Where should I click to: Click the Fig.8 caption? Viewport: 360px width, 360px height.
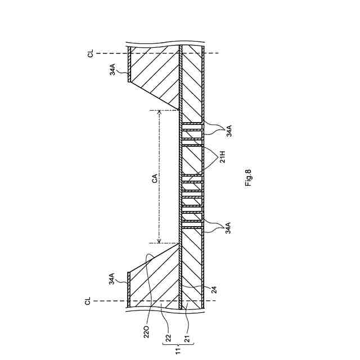click(249, 178)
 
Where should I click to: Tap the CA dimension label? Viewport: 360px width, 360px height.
click(155, 178)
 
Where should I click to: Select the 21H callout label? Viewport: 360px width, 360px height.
click(223, 156)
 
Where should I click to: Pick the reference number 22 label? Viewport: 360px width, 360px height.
click(168, 338)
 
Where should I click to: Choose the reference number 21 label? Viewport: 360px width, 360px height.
click(187, 338)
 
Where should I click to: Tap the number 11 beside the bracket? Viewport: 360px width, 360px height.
click(178, 351)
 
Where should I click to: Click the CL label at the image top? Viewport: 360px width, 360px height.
click(91, 53)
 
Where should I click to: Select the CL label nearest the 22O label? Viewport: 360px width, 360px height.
click(88, 301)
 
